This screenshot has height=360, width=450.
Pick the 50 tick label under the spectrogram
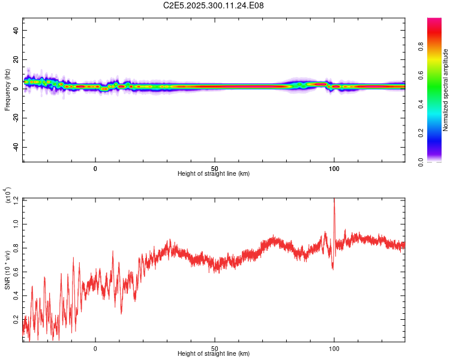coord(214,168)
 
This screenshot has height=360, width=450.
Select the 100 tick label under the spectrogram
coord(334,168)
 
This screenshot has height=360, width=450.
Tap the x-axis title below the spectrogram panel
coord(214,174)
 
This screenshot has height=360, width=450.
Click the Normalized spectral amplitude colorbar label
coord(445,90)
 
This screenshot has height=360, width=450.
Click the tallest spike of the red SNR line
coord(334,200)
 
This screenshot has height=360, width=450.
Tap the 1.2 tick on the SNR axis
coord(16,199)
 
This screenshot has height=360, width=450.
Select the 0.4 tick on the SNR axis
coord(16,296)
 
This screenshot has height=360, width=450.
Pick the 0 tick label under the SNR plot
coord(95,349)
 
